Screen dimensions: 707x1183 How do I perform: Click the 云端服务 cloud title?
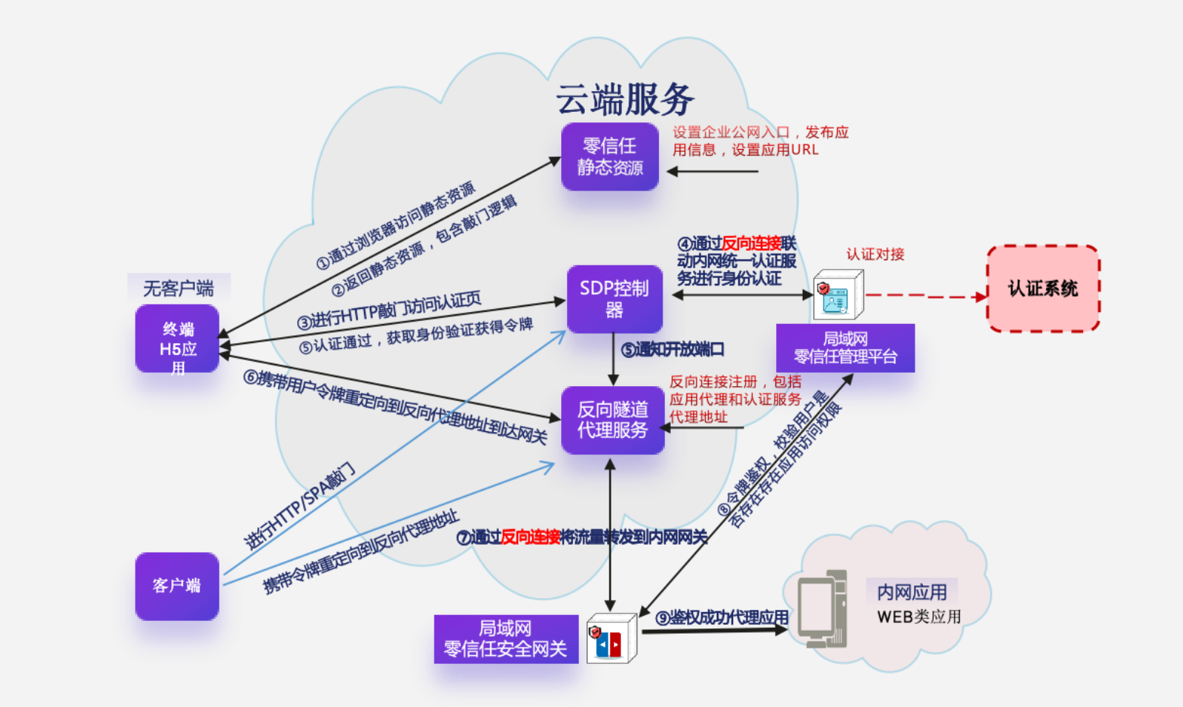(625, 99)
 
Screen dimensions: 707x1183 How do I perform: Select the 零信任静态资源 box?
(609, 156)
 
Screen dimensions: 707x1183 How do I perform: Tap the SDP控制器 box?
(614, 299)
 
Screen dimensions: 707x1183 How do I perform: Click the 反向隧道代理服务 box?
(612, 419)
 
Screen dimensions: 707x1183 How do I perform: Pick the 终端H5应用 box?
(177, 339)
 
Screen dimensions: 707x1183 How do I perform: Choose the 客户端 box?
(177, 585)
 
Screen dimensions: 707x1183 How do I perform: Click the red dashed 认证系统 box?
(1042, 288)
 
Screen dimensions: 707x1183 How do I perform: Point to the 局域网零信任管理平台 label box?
(845, 348)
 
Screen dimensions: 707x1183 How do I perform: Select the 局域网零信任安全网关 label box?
(506, 639)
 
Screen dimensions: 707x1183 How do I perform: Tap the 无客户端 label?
(179, 288)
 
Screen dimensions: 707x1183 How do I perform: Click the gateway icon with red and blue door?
(611, 639)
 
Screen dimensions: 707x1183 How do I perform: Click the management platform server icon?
(838, 295)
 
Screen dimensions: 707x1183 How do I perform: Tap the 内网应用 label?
(912, 592)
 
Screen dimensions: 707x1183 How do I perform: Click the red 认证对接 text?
(875, 254)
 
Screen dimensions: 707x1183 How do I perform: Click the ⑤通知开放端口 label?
(672, 349)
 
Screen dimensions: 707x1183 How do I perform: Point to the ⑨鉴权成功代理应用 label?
(721, 617)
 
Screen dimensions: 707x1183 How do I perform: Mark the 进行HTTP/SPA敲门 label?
(300, 507)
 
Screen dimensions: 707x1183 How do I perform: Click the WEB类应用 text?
(918, 617)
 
